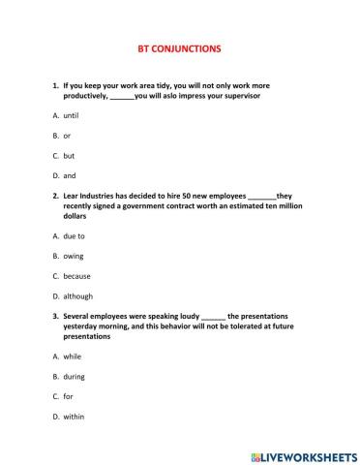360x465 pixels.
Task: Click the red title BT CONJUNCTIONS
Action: point(180,46)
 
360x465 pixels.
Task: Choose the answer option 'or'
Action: point(67,136)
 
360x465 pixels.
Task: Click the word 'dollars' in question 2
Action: point(79,216)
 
